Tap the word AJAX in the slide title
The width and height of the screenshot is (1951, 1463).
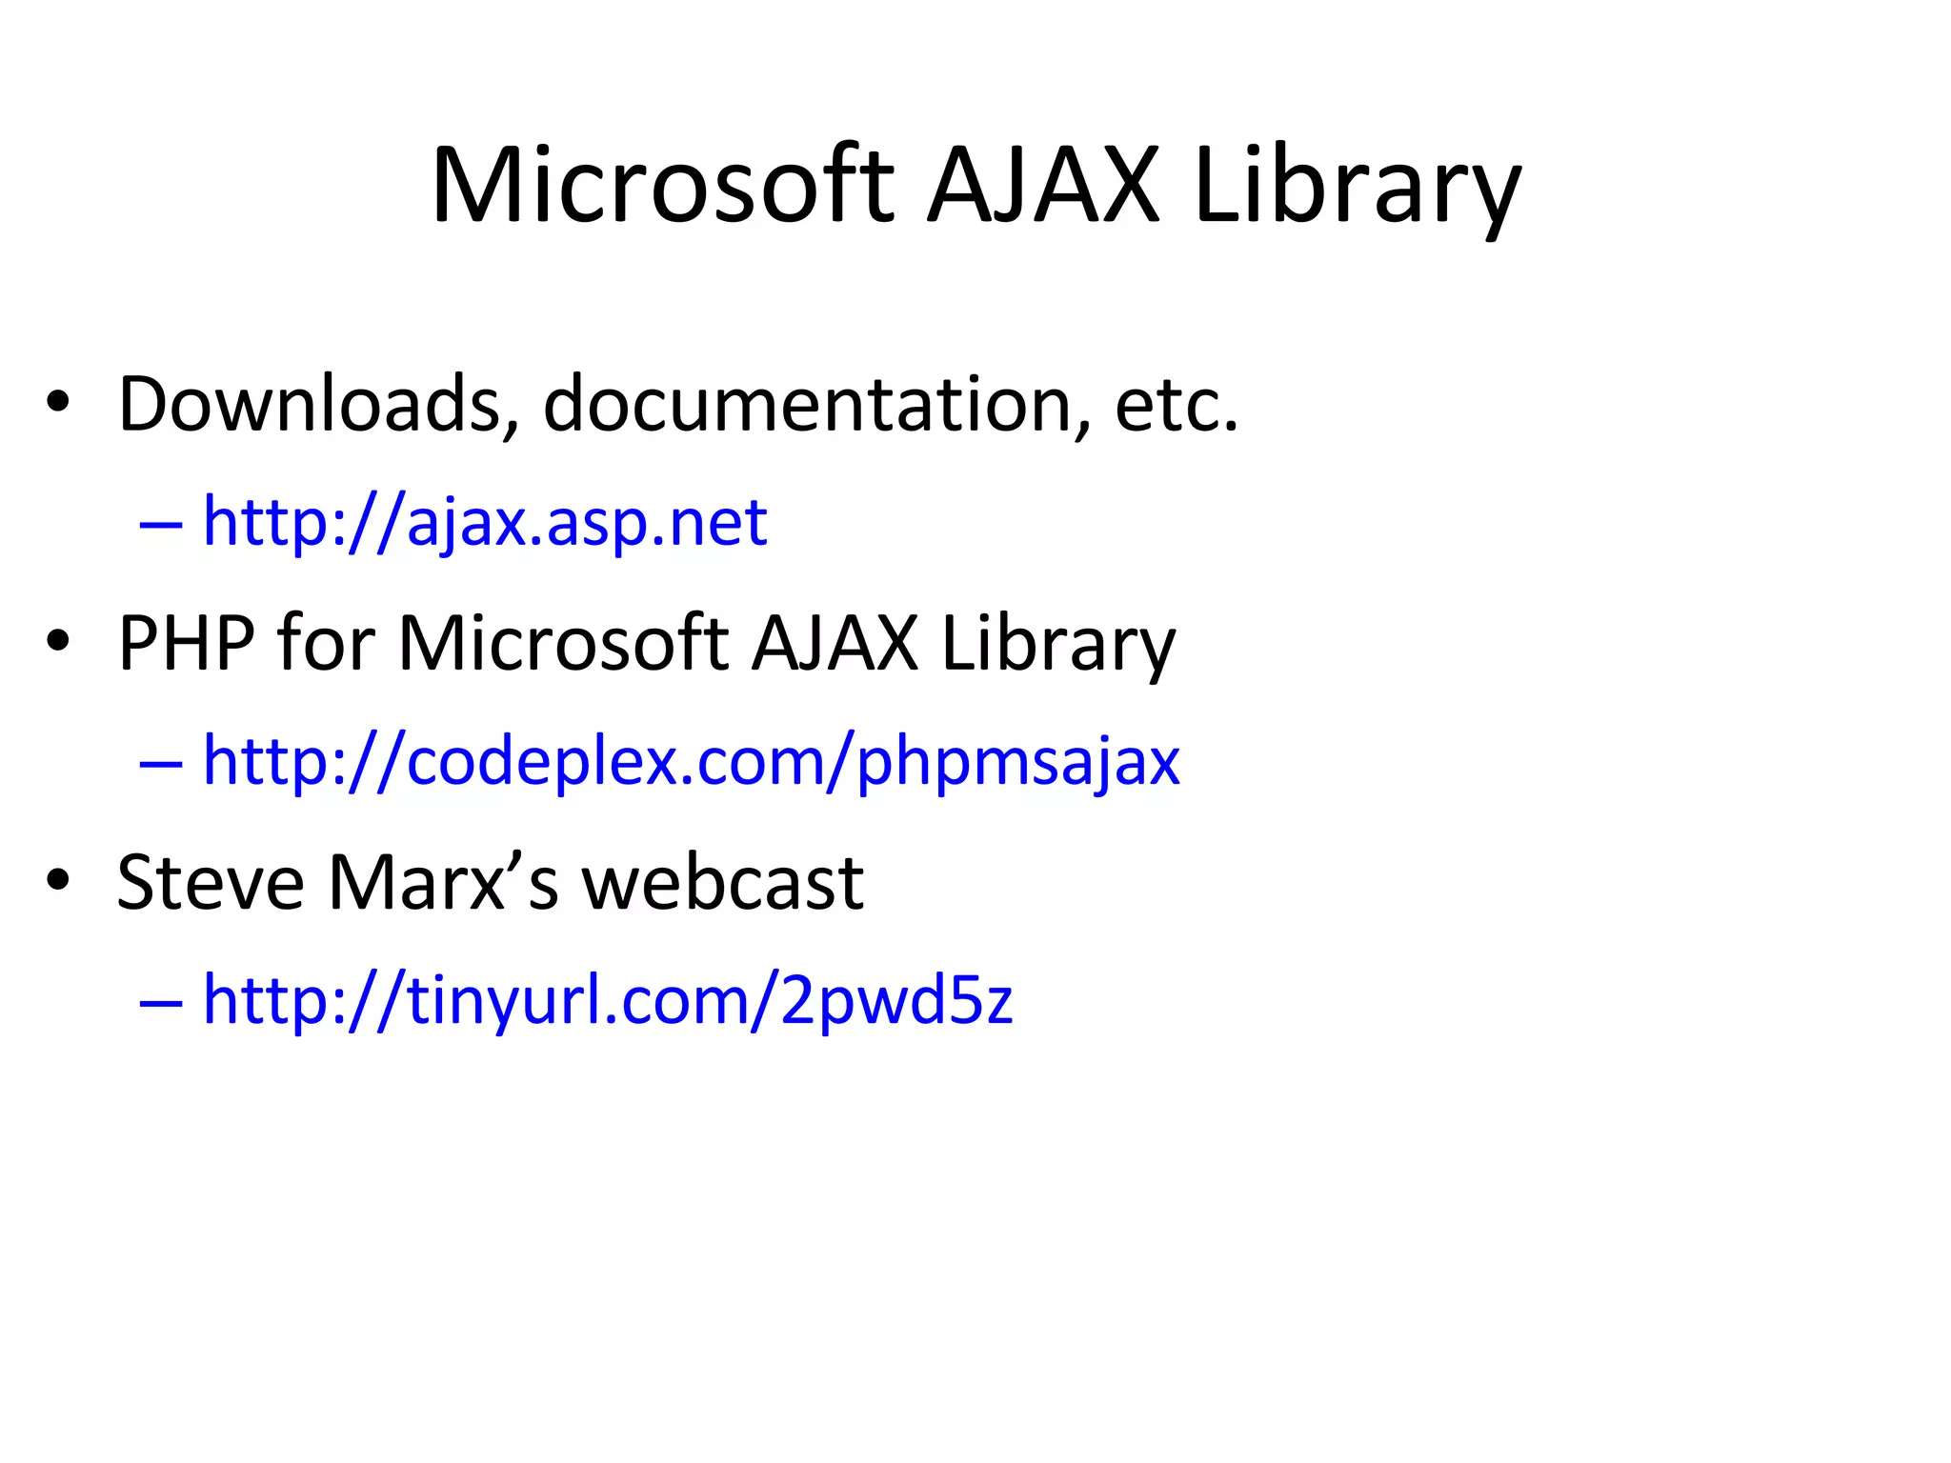[1043, 186]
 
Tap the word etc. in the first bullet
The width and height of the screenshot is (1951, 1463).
[1177, 405]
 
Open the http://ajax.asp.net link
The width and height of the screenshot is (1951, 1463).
[485, 523]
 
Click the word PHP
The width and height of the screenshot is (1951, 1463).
[187, 644]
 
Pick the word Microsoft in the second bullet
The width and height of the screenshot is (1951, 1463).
[563, 644]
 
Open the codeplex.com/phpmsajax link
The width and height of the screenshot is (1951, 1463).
[692, 762]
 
